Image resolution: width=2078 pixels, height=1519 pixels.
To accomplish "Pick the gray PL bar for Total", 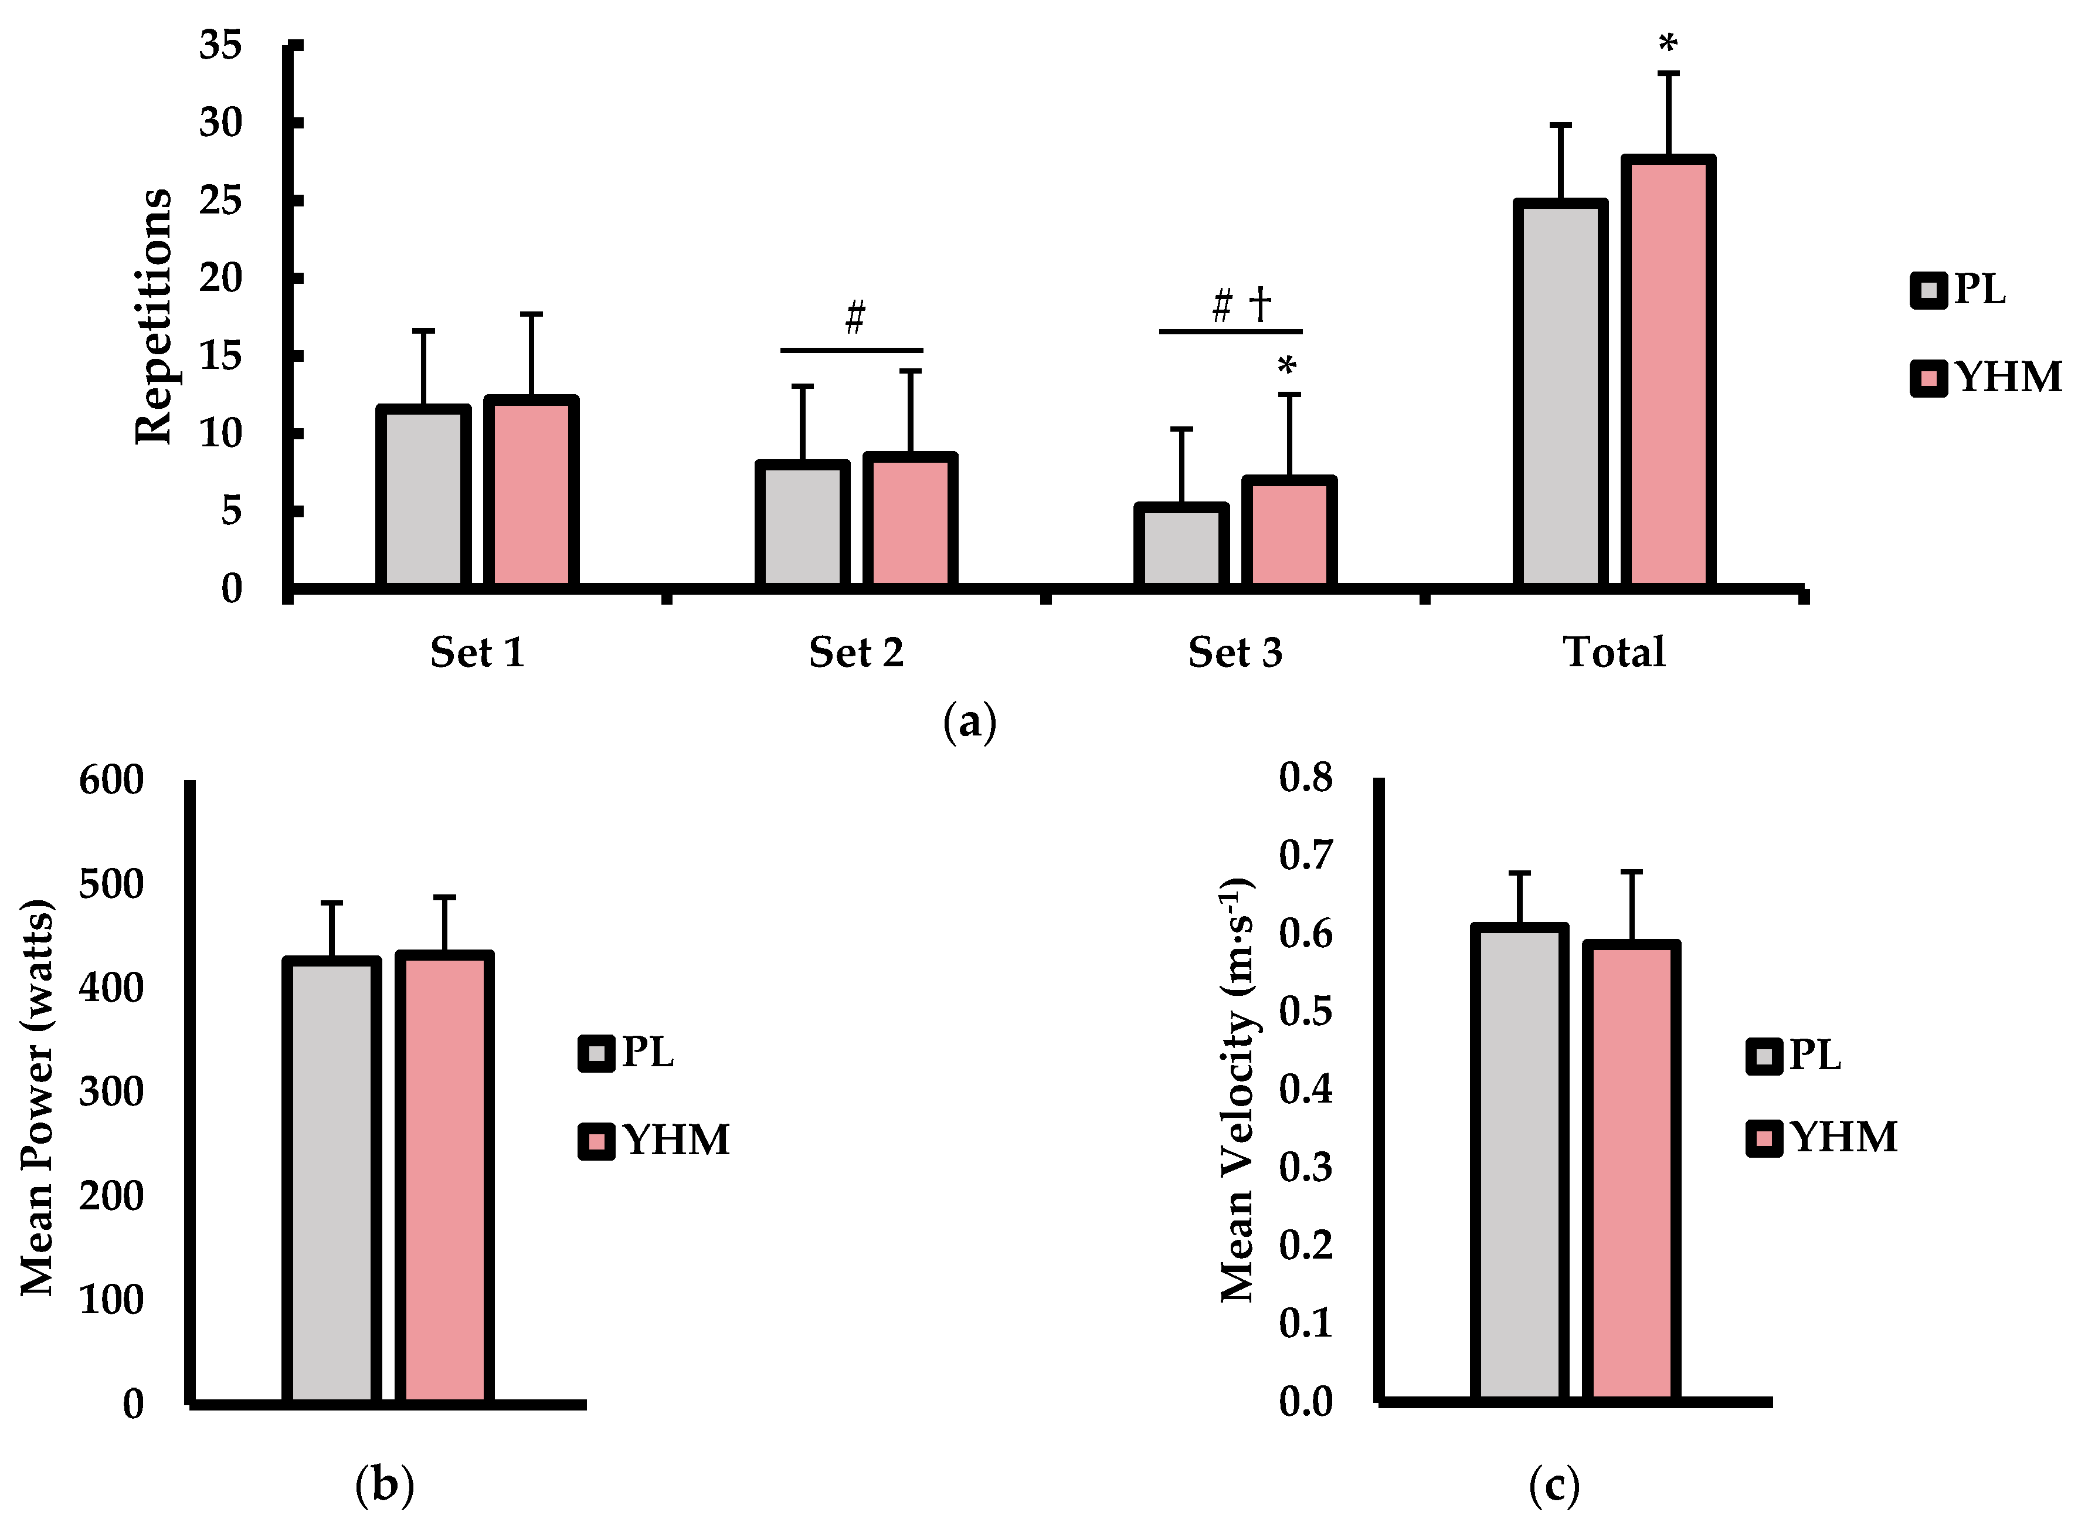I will point(1560,394).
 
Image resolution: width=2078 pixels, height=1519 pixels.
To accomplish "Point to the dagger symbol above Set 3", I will point(1260,303).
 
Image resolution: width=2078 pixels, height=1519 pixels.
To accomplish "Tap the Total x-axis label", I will point(1614,653).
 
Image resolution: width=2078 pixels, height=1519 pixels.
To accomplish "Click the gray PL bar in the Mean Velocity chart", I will point(1518,1164).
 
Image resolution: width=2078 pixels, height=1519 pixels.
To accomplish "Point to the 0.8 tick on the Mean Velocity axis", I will point(1305,778).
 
